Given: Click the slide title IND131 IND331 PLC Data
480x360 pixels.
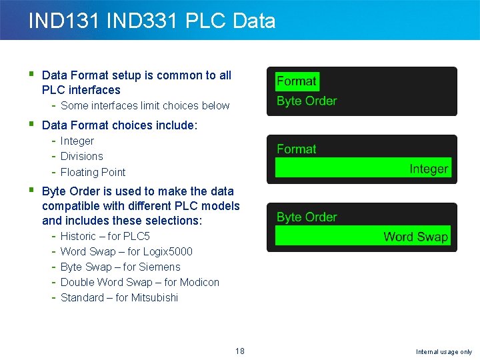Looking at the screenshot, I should pos(151,21).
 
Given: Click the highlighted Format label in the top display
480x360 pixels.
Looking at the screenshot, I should pos(297,81).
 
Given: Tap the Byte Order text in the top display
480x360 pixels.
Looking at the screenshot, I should pos(307,101).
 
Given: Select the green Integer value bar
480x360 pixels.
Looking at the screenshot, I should pos(363,169).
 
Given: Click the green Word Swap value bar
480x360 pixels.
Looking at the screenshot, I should pos(363,237).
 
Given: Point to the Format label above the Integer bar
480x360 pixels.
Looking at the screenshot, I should pos(297,149).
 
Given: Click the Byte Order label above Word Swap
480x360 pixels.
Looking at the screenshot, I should pos(307,217).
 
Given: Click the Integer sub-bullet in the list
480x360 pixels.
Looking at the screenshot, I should pos(77,141).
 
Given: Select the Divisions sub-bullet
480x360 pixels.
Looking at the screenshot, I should pos(82,156).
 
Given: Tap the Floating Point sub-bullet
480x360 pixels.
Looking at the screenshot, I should pos(93,172).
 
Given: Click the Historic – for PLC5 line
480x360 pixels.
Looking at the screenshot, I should pos(105,236).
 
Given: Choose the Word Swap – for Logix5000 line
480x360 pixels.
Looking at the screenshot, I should pos(126,251).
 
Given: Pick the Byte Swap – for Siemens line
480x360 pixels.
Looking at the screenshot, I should pos(120,267).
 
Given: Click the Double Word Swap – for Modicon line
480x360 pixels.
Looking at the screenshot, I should pos(139,282).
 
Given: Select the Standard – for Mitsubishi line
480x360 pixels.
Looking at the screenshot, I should pos(119,297).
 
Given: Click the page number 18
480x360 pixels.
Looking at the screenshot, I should pos(240,351).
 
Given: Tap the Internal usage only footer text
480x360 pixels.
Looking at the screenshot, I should pos(443,352).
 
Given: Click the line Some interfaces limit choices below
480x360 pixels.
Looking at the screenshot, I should pos(145,105).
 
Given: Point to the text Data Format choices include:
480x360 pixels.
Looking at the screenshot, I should pos(119,125).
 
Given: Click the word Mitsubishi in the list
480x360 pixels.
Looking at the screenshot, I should pos(155,297).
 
